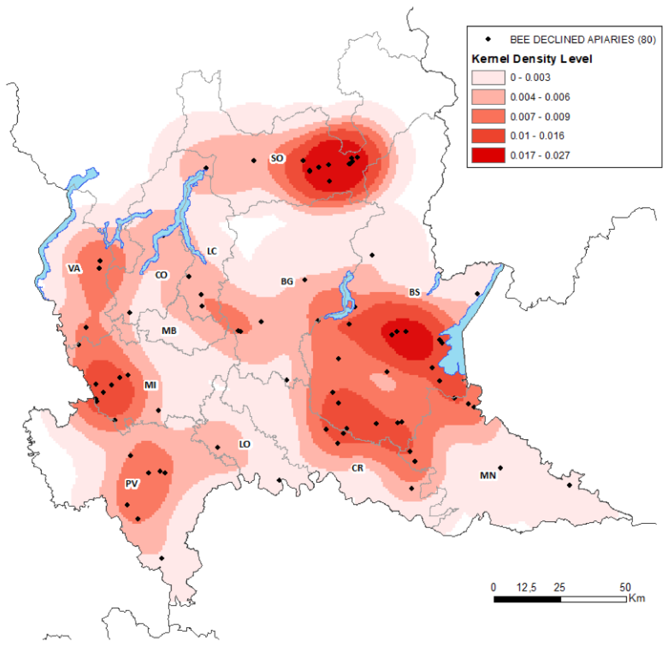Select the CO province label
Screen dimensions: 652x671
click(x=161, y=275)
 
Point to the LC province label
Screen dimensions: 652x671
click(x=212, y=251)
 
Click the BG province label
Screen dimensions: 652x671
click(x=287, y=281)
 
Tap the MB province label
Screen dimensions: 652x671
click(x=169, y=331)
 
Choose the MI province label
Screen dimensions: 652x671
click(x=150, y=385)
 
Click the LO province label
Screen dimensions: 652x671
click(x=244, y=444)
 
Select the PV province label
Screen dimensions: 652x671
click(x=132, y=484)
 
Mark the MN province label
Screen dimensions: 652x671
click(x=488, y=476)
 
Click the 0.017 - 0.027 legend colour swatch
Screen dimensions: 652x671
click(x=488, y=155)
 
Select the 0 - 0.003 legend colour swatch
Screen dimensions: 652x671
click(x=488, y=77)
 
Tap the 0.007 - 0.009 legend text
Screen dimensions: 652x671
click(x=540, y=117)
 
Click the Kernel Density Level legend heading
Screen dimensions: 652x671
click(x=532, y=59)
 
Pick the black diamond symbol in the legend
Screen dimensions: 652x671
click(x=488, y=39)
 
